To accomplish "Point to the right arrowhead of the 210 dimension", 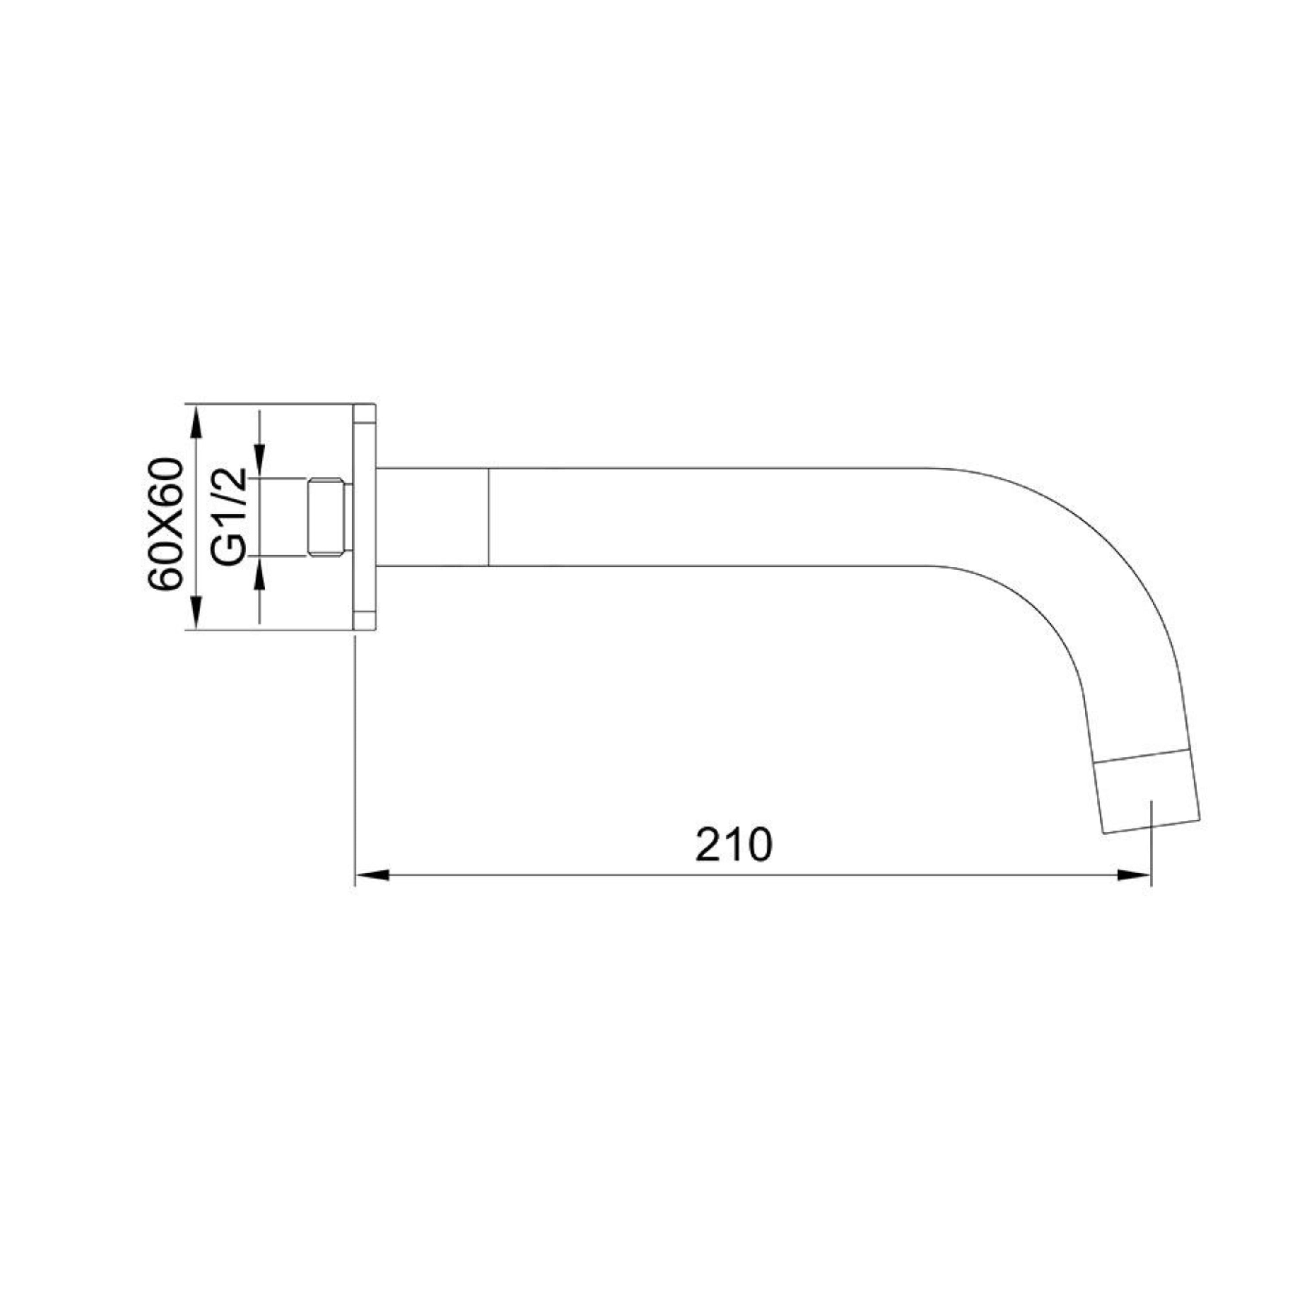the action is [1134, 875].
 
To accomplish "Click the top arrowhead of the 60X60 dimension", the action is [196, 421].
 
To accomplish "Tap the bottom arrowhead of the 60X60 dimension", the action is [196, 612].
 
